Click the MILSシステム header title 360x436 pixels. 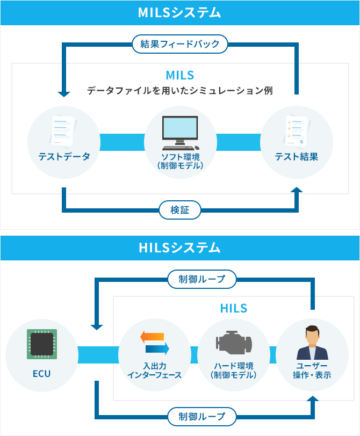click(x=180, y=13)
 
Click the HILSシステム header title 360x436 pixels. click(x=180, y=248)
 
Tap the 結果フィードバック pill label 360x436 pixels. click(x=180, y=43)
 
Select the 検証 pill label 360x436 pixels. click(x=180, y=209)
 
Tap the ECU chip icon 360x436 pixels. click(x=41, y=344)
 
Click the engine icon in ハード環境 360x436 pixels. click(x=233, y=344)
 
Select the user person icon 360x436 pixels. click(x=312, y=343)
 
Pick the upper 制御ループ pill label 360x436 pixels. click(x=201, y=279)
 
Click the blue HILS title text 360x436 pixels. click(x=233, y=308)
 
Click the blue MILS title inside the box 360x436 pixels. click(x=180, y=75)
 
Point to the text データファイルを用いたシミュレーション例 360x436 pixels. click(x=180, y=91)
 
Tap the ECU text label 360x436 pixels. click(x=41, y=373)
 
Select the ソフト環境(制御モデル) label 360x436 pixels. click(x=180, y=161)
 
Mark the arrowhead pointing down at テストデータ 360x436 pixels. click(x=64, y=94)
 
